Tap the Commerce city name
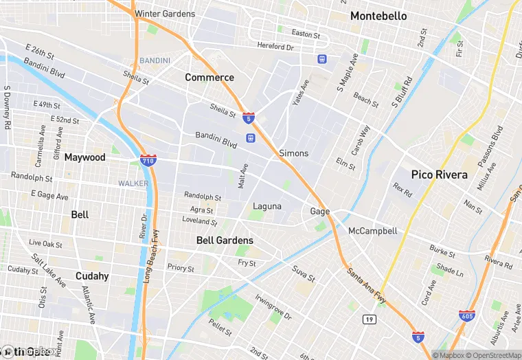pyautogui.click(x=209, y=78)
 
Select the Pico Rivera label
pyautogui.click(x=439, y=175)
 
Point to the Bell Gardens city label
pyautogui.click(x=225, y=240)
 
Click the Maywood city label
pyautogui.click(x=84, y=157)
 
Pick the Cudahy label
pyautogui.click(x=92, y=276)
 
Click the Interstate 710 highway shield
pyautogui.click(x=148, y=161)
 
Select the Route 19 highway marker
pyautogui.click(x=369, y=319)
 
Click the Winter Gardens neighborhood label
pyautogui.click(x=165, y=14)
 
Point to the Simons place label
pyautogui.click(x=294, y=153)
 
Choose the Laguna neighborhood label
pyautogui.click(x=267, y=206)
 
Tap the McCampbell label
pyautogui.click(x=373, y=231)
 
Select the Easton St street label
pyautogui.click(x=306, y=34)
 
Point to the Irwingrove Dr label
pyautogui.click(x=273, y=308)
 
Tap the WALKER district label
pyautogui.click(x=133, y=183)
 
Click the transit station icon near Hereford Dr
pyautogui.click(x=321, y=60)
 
